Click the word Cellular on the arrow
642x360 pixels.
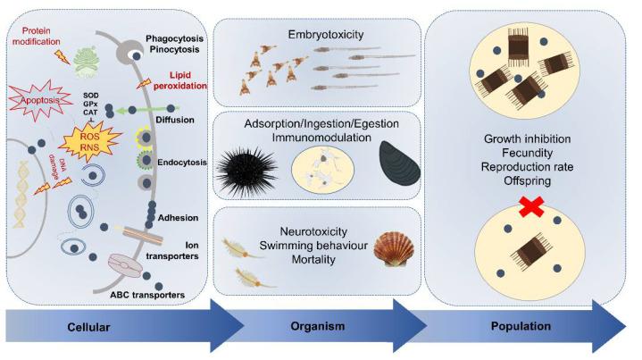pos(88,326)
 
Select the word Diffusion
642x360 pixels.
pos(177,115)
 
